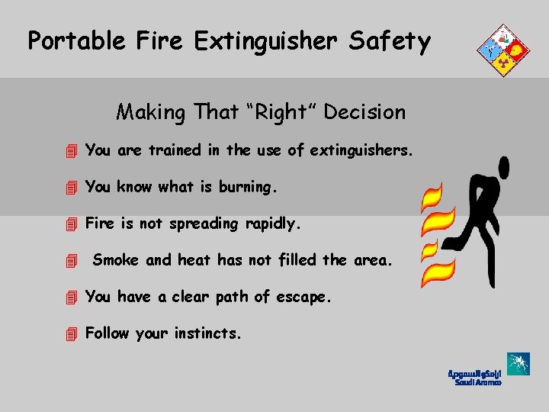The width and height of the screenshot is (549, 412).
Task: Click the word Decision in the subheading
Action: (x=364, y=112)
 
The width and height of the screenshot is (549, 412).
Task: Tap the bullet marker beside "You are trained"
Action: (x=72, y=151)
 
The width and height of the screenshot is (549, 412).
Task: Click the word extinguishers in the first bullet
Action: (x=361, y=151)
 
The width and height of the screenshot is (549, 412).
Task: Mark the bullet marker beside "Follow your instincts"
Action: (x=72, y=333)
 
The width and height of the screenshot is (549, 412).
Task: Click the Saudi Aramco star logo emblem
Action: (x=518, y=365)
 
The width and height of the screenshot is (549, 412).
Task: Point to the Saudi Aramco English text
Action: (x=478, y=382)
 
